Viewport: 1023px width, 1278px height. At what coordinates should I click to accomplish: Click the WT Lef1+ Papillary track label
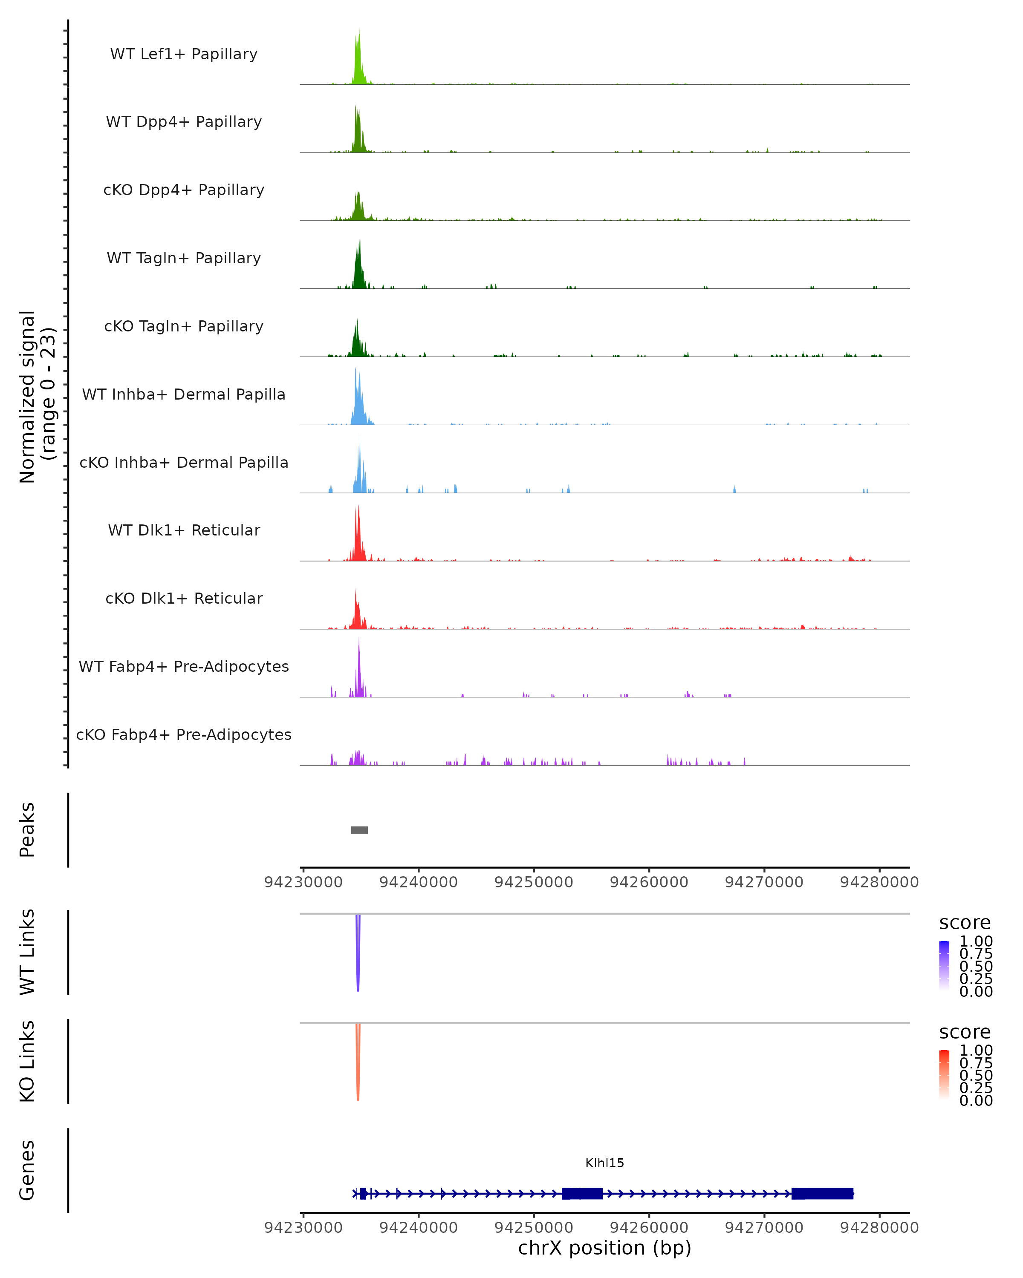point(184,54)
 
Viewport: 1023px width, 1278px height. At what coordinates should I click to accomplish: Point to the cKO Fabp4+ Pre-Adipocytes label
point(184,734)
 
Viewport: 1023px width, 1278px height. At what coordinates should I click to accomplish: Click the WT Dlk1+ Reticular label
point(184,530)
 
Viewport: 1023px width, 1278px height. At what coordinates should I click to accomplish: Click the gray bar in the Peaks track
point(359,830)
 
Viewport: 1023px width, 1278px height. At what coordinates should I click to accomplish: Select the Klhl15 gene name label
point(604,1163)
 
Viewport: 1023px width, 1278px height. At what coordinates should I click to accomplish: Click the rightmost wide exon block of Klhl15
point(822,1194)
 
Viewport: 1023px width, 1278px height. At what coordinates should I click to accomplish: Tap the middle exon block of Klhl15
point(582,1194)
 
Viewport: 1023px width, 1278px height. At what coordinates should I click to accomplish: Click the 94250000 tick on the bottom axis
point(534,1228)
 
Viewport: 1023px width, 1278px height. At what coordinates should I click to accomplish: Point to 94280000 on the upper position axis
point(879,883)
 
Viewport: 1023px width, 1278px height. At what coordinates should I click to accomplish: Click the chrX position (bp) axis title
point(604,1248)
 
